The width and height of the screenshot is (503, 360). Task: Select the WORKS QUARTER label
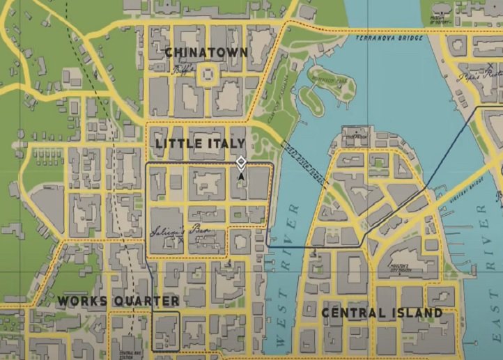tap(118, 302)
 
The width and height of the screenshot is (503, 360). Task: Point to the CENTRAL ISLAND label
tap(382, 313)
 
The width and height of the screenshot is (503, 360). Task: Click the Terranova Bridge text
tap(389, 38)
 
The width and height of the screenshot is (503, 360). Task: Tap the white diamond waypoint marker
tap(241, 163)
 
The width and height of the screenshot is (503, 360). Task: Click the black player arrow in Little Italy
tap(241, 177)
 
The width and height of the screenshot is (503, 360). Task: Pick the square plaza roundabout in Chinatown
tap(207, 75)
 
